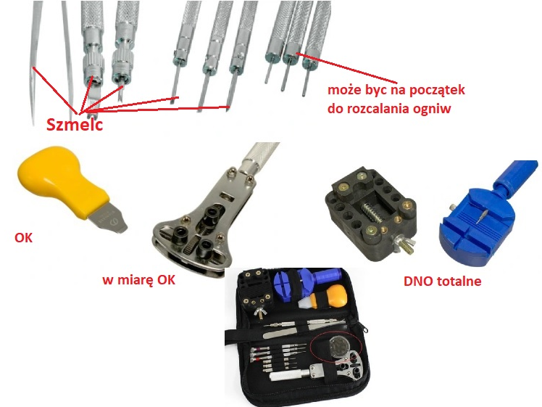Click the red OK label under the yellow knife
tap(23, 237)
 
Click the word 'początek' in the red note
tap(435, 91)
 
